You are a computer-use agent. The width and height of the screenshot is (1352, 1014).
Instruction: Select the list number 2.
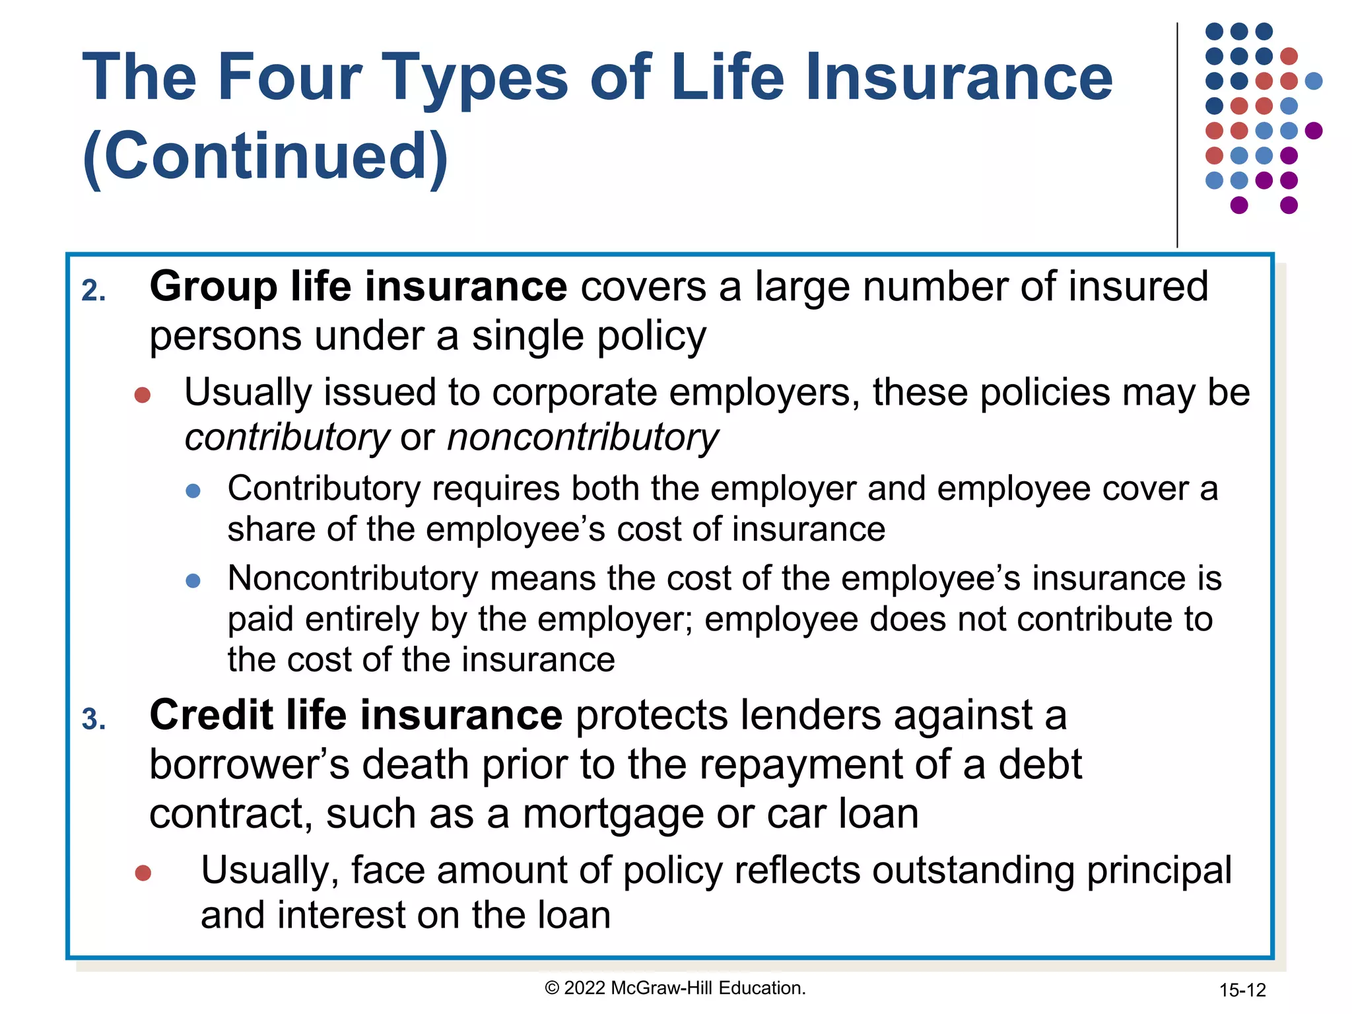(94, 291)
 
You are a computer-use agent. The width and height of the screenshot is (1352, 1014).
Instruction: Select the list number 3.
(94, 720)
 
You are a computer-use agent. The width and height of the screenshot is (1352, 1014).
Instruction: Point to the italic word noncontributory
(583, 438)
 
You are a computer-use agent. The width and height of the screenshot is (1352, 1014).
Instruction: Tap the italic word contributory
(287, 438)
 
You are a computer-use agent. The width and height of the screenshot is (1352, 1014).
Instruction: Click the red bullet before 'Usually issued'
(143, 395)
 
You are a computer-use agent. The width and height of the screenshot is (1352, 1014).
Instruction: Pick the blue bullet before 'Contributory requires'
(193, 491)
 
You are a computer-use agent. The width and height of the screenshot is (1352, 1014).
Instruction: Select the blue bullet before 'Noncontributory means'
(193, 581)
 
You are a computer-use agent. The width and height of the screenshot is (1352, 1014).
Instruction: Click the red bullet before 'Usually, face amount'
(143, 873)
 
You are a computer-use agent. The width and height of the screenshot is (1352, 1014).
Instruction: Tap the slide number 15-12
(1242, 990)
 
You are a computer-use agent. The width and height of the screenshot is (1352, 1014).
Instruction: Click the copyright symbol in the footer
(552, 988)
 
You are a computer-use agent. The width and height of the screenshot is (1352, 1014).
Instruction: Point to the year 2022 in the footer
(585, 988)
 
